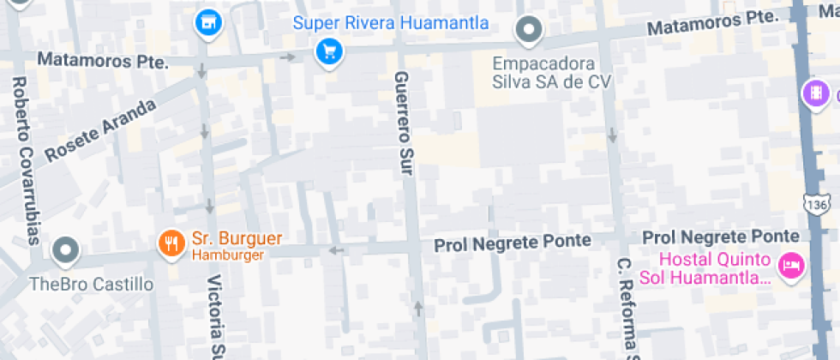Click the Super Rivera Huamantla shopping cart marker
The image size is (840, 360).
click(327, 52)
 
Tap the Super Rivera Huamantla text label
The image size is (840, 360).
click(391, 22)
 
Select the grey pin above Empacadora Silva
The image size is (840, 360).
click(530, 31)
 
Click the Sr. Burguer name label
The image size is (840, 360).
click(237, 238)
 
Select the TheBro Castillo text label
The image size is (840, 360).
click(91, 284)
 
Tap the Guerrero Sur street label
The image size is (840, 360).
click(402, 124)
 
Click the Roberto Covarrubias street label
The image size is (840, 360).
click(25, 160)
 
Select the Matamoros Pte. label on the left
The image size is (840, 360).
click(102, 61)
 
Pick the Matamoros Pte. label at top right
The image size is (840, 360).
click(711, 24)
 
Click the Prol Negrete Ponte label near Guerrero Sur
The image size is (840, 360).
click(513, 243)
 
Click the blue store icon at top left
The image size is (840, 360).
click(207, 25)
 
